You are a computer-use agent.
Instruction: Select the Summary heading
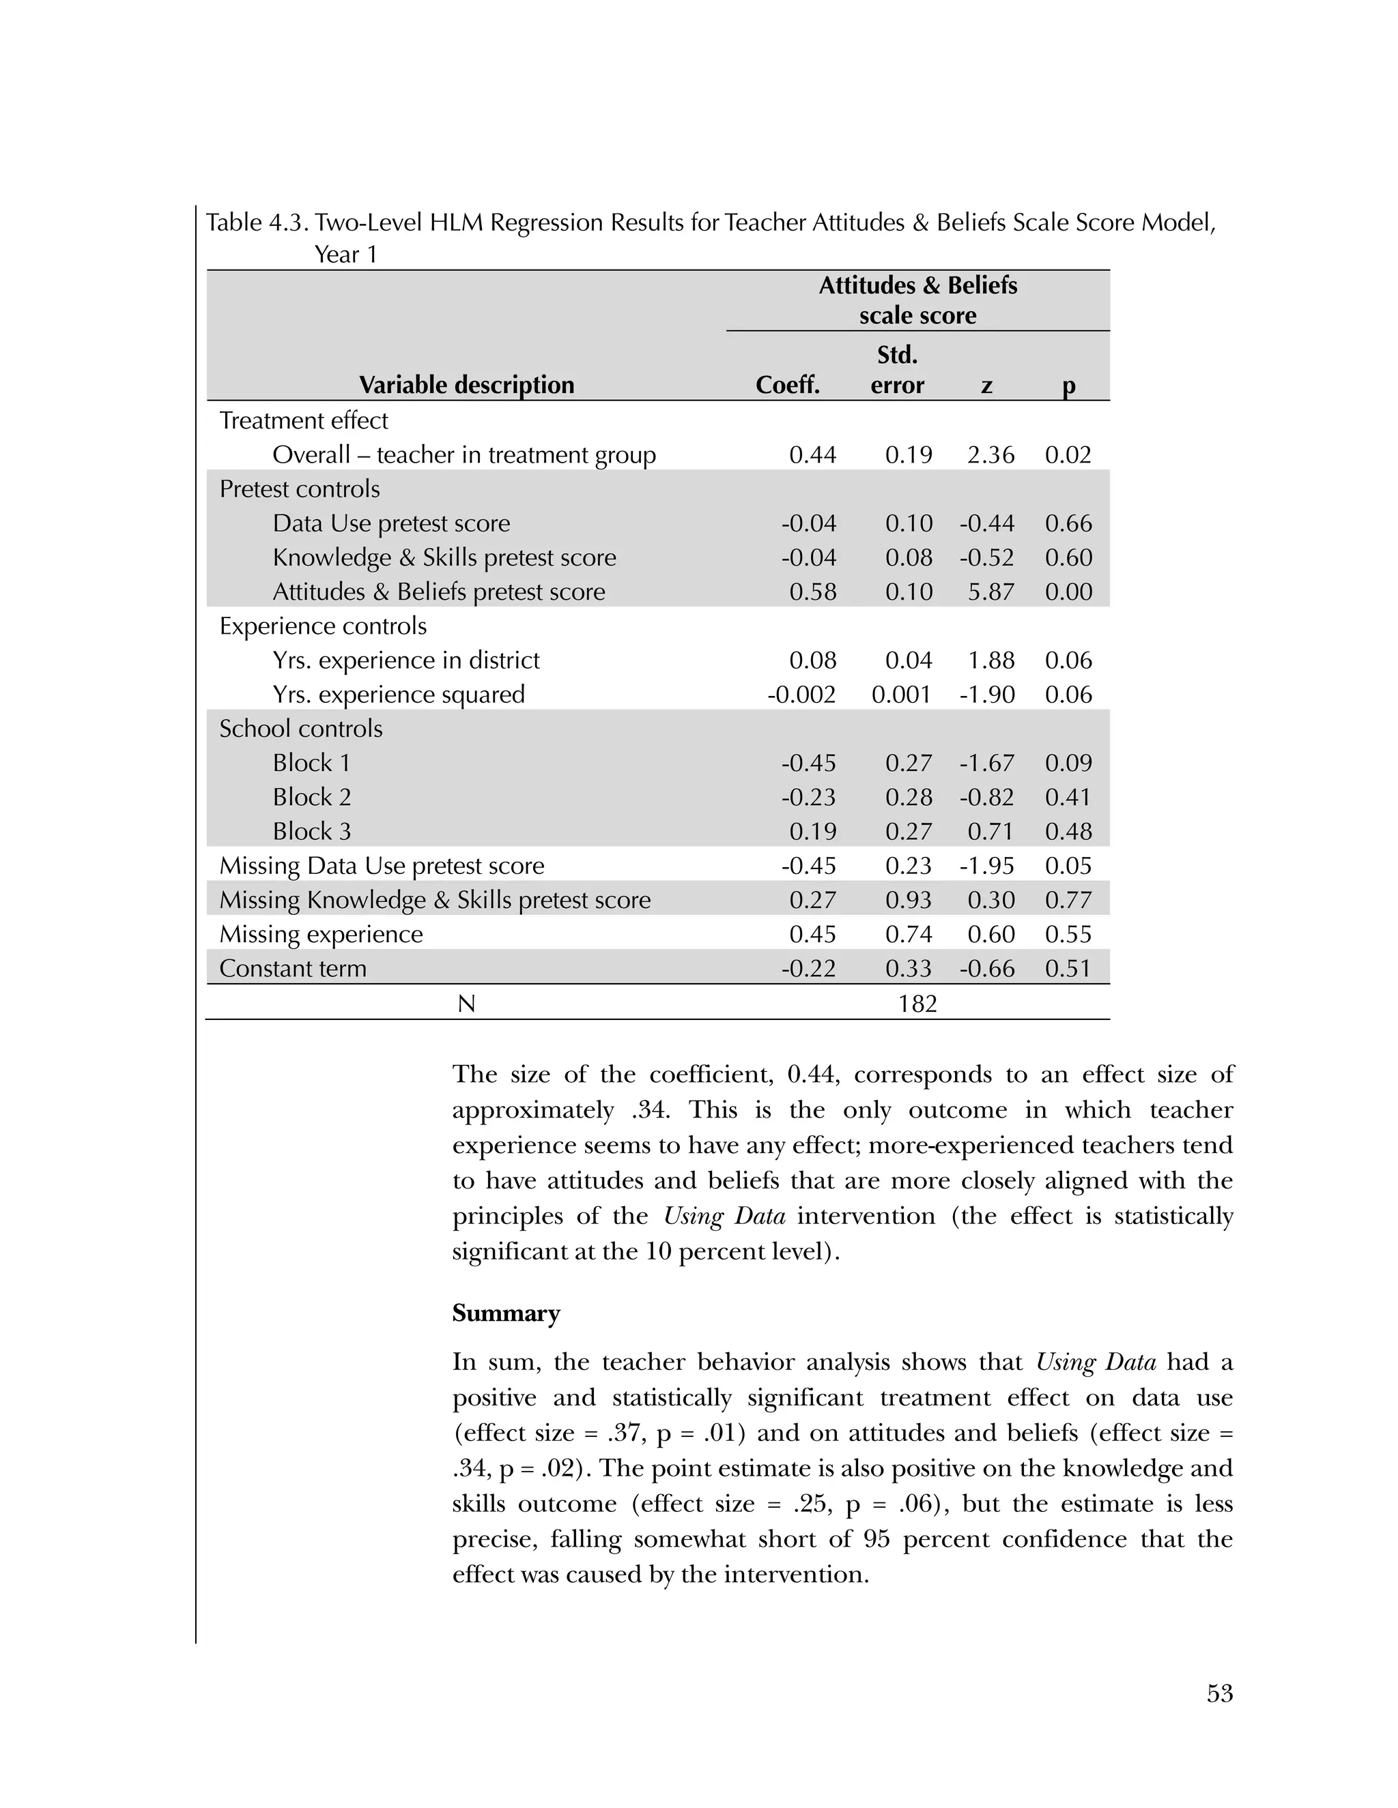tap(506, 1314)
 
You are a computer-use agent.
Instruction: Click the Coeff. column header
tap(788, 385)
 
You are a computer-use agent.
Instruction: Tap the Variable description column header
tap(466, 385)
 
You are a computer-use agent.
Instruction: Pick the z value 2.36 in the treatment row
tap(990, 454)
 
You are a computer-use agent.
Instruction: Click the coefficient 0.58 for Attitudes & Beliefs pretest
tap(812, 592)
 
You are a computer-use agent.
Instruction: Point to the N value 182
tap(917, 1004)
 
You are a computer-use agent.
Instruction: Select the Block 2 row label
tap(312, 797)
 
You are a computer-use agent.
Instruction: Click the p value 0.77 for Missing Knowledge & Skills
tap(1068, 900)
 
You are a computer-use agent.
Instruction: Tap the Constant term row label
tap(292, 969)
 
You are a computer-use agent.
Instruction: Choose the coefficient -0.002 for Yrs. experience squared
tap(801, 695)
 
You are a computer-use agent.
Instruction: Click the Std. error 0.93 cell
tap(909, 900)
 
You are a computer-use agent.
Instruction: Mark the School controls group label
tap(300, 729)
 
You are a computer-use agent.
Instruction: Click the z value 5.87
tap(990, 592)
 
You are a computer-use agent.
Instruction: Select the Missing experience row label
tap(321, 935)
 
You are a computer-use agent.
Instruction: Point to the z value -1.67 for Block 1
tap(987, 763)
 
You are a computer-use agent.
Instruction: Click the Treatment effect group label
tap(303, 420)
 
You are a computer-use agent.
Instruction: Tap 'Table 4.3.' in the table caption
tap(257, 222)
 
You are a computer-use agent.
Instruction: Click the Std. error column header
tap(897, 370)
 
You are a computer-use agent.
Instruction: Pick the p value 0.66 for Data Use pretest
tap(1068, 523)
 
